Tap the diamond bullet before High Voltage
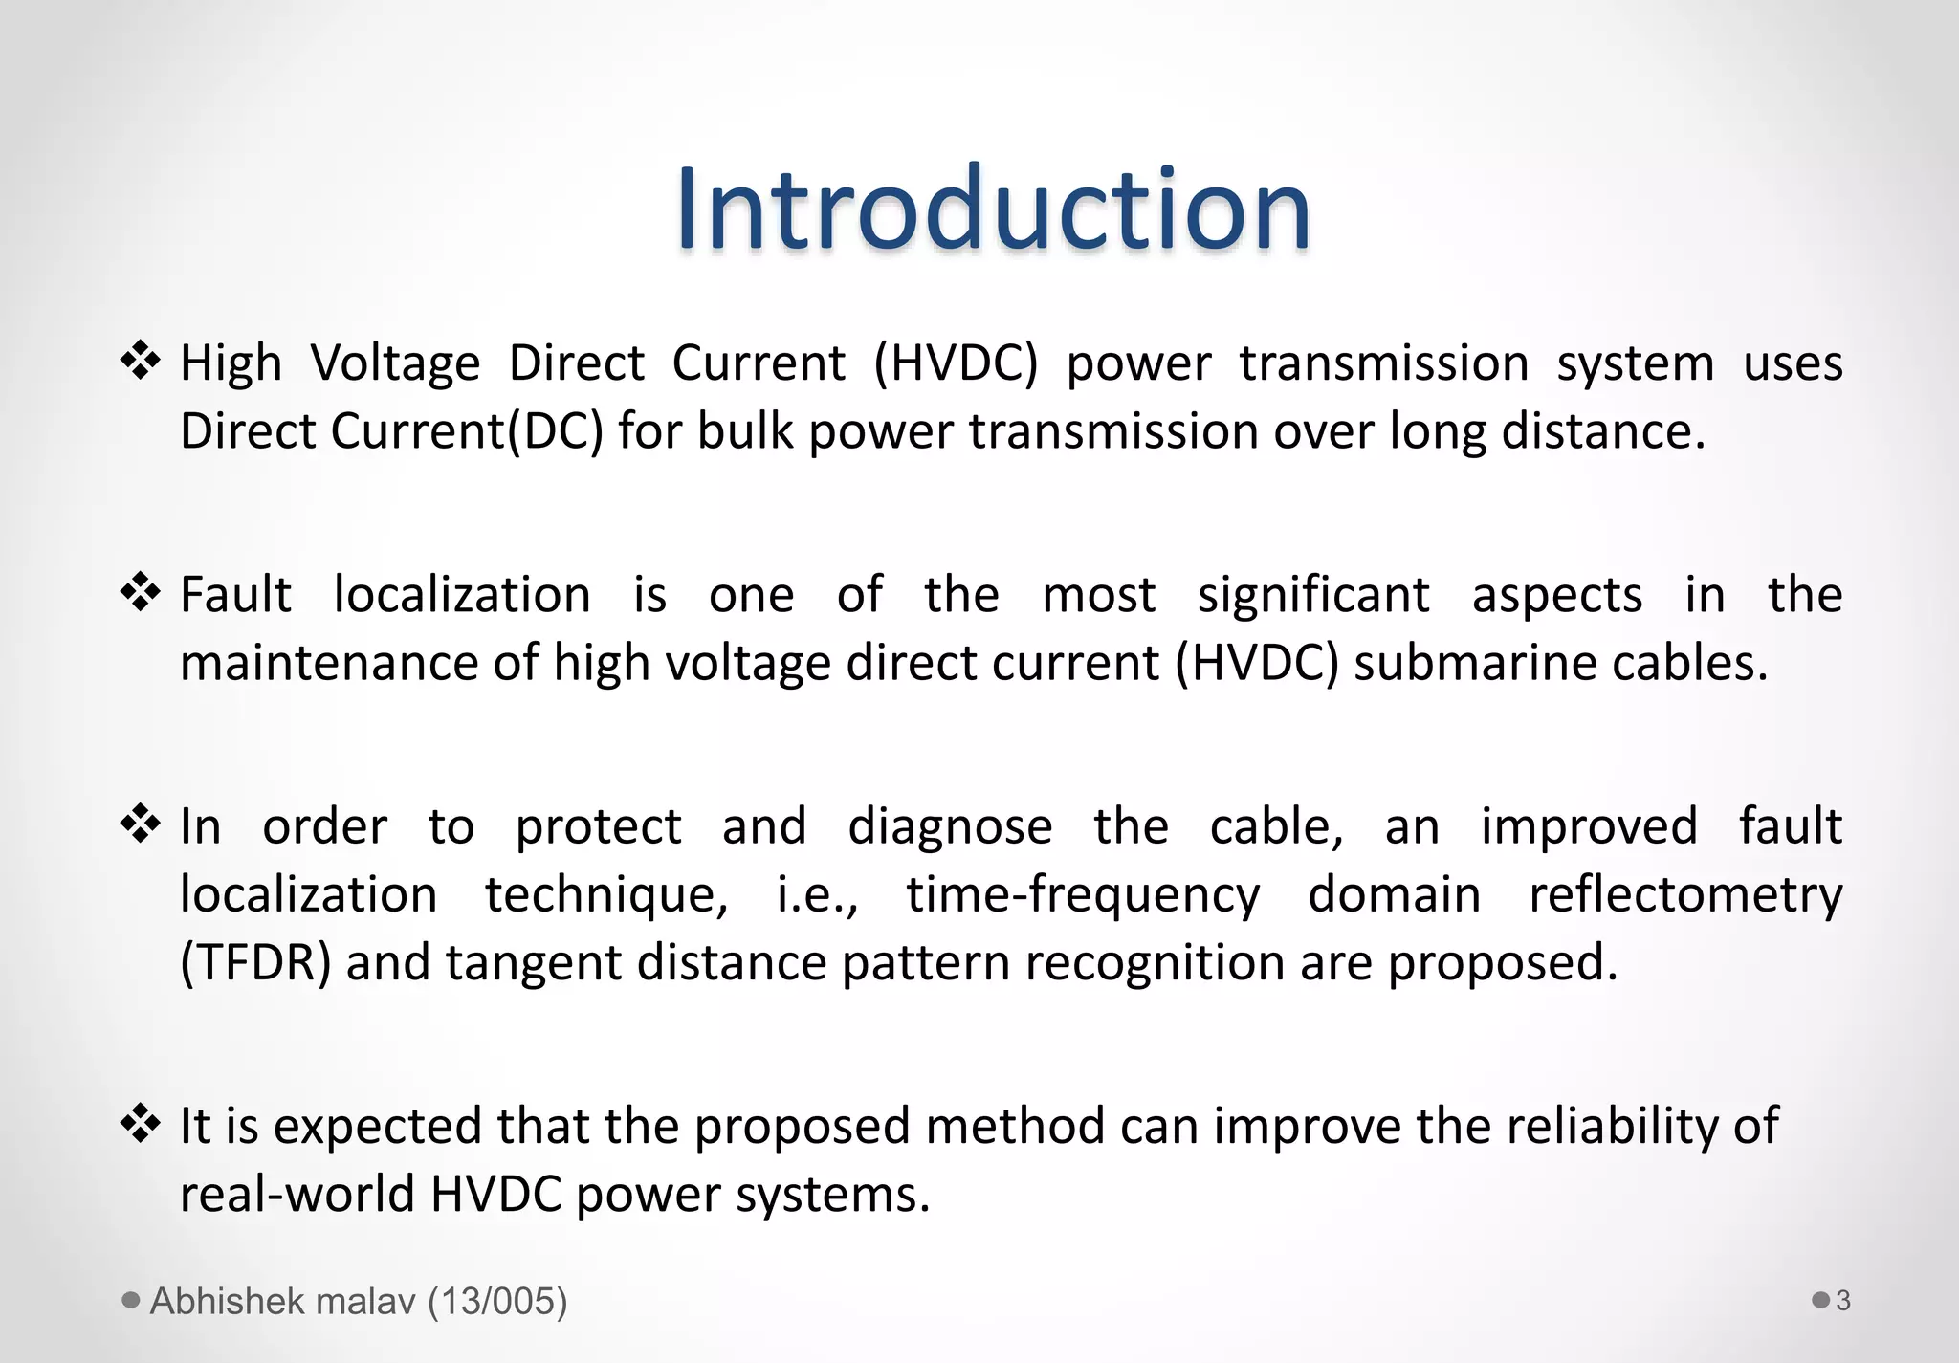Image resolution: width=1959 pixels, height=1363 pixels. pos(141,362)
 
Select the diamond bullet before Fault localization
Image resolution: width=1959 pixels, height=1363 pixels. pos(141,593)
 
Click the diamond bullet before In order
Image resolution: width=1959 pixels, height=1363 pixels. pos(141,824)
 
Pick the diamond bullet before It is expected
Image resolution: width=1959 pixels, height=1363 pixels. pos(141,1124)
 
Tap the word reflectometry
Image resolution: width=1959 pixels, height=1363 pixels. pos(1684,895)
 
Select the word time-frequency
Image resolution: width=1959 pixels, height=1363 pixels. pos(1083,895)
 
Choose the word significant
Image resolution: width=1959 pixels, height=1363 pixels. pos(1313,595)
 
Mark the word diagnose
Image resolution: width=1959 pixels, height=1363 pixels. pos(950,826)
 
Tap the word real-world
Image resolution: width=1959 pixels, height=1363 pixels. pos(297,1194)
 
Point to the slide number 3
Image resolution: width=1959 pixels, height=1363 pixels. pos(1843,1301)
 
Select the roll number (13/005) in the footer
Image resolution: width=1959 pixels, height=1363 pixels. pos(497,1301)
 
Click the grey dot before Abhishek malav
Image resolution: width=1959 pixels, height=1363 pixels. pos(132,1300)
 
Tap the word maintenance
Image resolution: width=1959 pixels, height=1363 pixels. pos(329,663)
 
